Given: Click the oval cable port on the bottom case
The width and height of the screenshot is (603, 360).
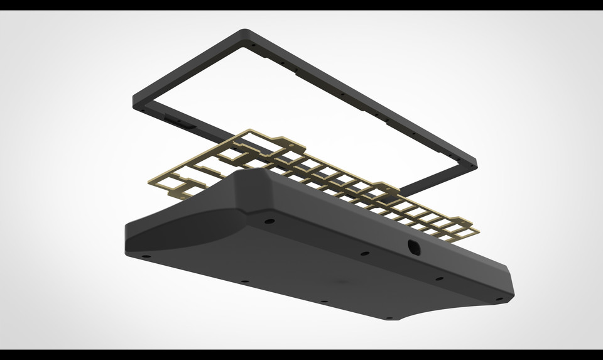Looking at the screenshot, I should pos(413,248).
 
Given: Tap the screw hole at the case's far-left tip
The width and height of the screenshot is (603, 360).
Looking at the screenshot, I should pos(145,256).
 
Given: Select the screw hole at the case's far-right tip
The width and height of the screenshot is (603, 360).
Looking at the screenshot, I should pos(499,300).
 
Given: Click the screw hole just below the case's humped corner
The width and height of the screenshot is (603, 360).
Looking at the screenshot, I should pos(269,222).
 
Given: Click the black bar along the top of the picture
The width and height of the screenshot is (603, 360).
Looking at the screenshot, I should pos(301,5).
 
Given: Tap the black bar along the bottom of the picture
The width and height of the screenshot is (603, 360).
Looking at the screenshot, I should pos(301,354).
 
